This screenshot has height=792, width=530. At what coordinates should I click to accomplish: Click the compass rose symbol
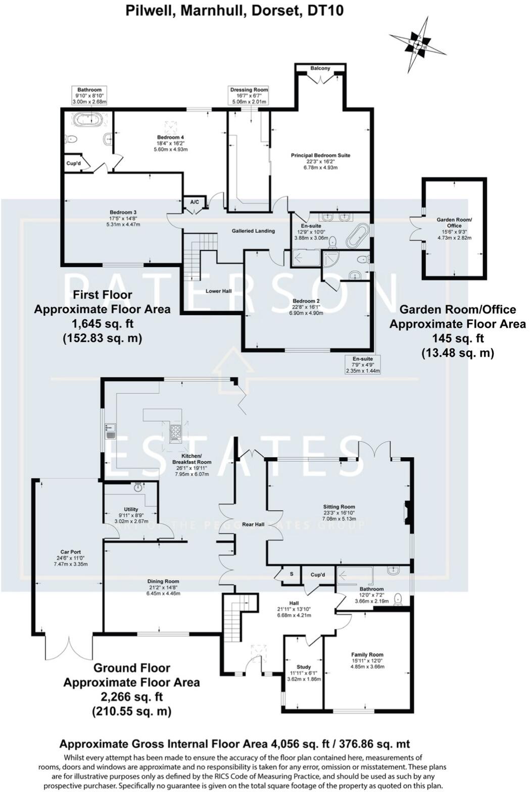point(417,45)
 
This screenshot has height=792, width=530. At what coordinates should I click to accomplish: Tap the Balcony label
point(320,68)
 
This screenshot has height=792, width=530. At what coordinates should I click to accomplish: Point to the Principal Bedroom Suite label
point(320,156)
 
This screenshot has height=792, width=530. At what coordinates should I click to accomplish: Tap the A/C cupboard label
point(195,202)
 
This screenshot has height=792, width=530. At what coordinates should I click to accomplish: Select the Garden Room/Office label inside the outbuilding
point(454,223)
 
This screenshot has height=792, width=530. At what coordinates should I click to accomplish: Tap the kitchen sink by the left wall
point(110,431)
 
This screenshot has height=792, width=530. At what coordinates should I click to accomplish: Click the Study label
point(304,667)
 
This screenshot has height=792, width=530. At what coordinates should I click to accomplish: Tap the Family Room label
point(367,655)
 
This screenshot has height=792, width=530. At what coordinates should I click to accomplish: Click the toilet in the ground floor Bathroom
point(399,599)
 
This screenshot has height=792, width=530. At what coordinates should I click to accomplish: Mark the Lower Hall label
point(218,291)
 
